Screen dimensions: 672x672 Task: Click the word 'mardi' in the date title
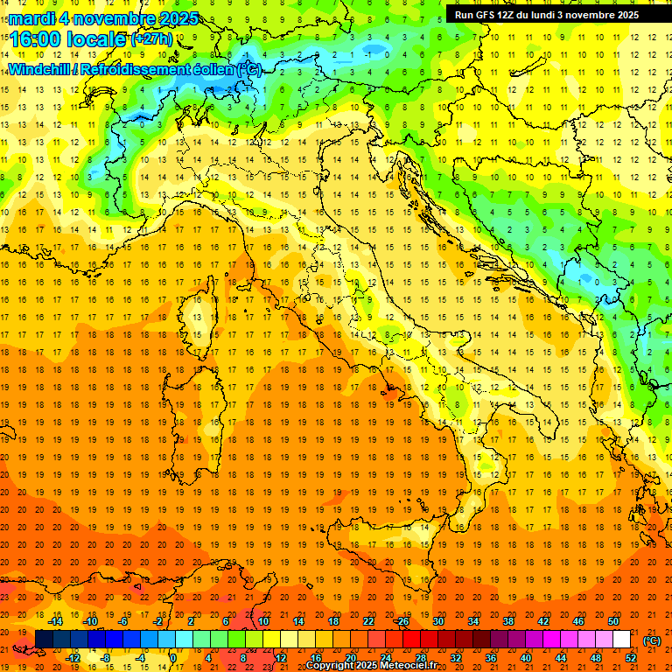pyautogui.click(x=33, y=18)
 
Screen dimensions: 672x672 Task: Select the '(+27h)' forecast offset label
pyautogui.click(x=151, y=38)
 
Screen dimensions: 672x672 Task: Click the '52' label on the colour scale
pyautogui.click(x=631, y=658)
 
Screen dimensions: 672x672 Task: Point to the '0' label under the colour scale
pyautogui.click(x=172, y=658)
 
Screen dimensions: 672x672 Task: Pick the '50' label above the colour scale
pyautogui.click(x=613, y=621)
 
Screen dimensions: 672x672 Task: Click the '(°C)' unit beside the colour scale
pyautogui.click(x=652, y=640)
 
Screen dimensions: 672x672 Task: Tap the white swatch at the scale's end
pyautogui.click(x=622, y=640)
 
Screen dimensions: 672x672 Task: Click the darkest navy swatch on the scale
pyautogui.click(x=44, y=640)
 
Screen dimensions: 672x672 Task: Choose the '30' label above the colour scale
pyautogui.click(x=437, y=621)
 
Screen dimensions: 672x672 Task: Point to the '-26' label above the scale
pyautogui.click(x=402, y=621)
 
